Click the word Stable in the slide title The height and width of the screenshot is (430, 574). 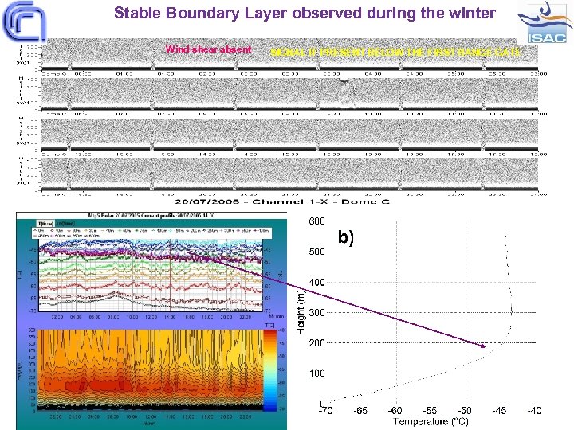pyautogui.click(x=136, y=13)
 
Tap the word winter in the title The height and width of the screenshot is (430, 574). pyautogui.click(x=472, y=13)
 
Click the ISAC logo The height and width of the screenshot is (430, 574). pyautogui.click(x=544, y=24)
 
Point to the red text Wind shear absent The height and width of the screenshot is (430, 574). pyautogui.click(x=208, y=49)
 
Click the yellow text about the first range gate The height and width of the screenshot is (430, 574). pyautogui.click(x=395, y=52)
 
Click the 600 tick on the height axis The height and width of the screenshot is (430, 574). pyautogui.click(x=317, y=221)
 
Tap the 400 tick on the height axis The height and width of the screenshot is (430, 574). pyautogui.click(x=317, y=282)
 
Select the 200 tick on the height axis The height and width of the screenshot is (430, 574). pyautogui.click(x=317, y=342)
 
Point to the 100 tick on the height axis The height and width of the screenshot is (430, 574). pyautogui.click(x=317, y=373)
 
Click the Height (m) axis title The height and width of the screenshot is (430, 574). pyautogui.click(x=301, y=311)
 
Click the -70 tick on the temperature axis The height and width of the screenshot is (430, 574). pyautogui.click(x=326, y=411)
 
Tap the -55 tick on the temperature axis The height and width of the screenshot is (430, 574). pyautogui.click(x=431, y=411)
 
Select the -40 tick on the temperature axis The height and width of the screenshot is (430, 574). pyautogui.click(x=534, y=411)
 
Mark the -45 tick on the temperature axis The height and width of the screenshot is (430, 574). pyautogui.click(x=500, y=411)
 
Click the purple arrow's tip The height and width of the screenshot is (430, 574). pyautogui.click(x=485, y=346)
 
